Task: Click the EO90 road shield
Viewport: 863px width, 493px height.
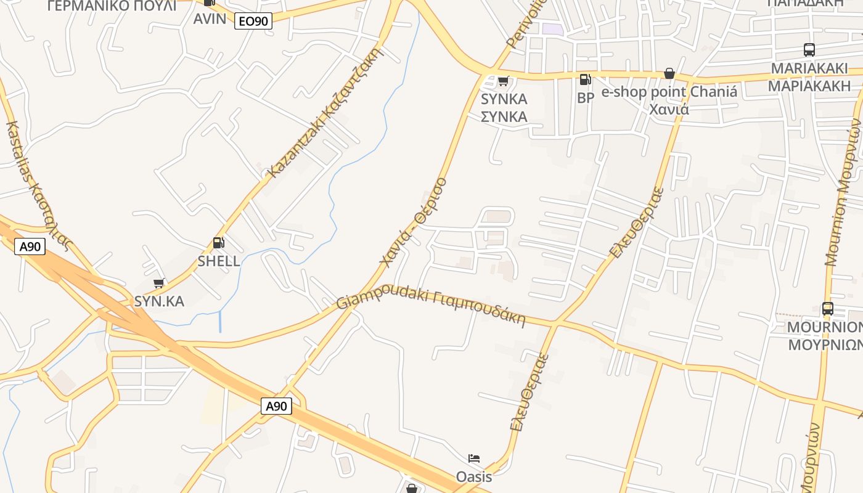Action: pyautogui.click(x=253, y=22)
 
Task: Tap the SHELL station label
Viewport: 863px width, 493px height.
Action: pyautogui.click(x=219, y=261)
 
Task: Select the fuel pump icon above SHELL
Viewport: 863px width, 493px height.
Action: pyautogui.click(x=218, y=243)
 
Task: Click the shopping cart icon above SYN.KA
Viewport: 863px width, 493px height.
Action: pyautogui.click(x=158, y=283)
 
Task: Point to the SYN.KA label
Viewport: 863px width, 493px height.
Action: pyautogui.click(x=159, y=301)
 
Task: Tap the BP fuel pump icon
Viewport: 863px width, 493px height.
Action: pyautogui.click(x=585, y=79)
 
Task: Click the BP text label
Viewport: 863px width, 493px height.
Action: pyautogui.click(x=586, y=97)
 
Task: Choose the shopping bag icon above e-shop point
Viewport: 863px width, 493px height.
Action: pyautogui.click(x=669, y=74)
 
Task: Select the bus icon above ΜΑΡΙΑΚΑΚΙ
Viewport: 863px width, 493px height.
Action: pyautogui.click(x=809, y=50)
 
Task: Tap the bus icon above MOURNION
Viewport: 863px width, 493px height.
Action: pyautogui.click(x=827, y=308)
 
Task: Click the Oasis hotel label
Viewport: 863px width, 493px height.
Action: pyautogui.click(x=474, y=476)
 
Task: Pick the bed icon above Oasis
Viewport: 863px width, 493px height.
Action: pyautogui.click(x=474, y=458)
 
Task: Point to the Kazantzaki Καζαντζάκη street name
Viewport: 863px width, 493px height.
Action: pyautogui.click(x=327, y=113)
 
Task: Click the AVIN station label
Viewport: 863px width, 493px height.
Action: pyautogui.click(x=210, y=18)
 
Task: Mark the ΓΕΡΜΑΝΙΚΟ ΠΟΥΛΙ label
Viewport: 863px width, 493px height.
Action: pyautogui.click(x=112, y=6)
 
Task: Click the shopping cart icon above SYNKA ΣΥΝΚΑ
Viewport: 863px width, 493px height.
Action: pyautogui.click(x=504, y=81)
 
